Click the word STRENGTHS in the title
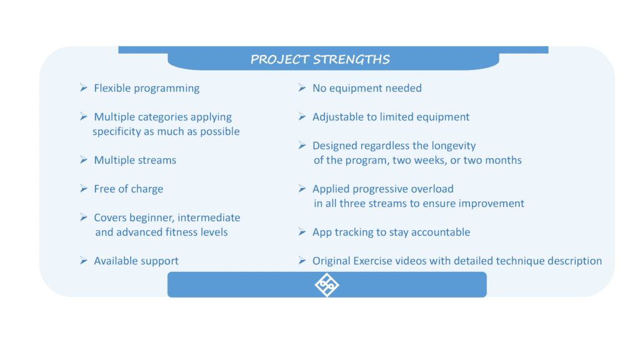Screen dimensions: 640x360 click(x=351, y=59)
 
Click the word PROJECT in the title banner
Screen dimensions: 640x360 click(x=279, y=59)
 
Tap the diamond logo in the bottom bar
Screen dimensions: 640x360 click(x=326, y=284)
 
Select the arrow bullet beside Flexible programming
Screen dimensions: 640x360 click(x=84, y=87)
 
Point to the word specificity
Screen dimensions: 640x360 click(x=117, y=131)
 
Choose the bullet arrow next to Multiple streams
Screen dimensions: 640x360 click(x=84, y=159)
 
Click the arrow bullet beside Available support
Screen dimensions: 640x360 click(x=84, y=261)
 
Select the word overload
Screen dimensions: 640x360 click(x=432, y=189)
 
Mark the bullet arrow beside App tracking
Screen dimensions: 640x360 click(x=302, y=232)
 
